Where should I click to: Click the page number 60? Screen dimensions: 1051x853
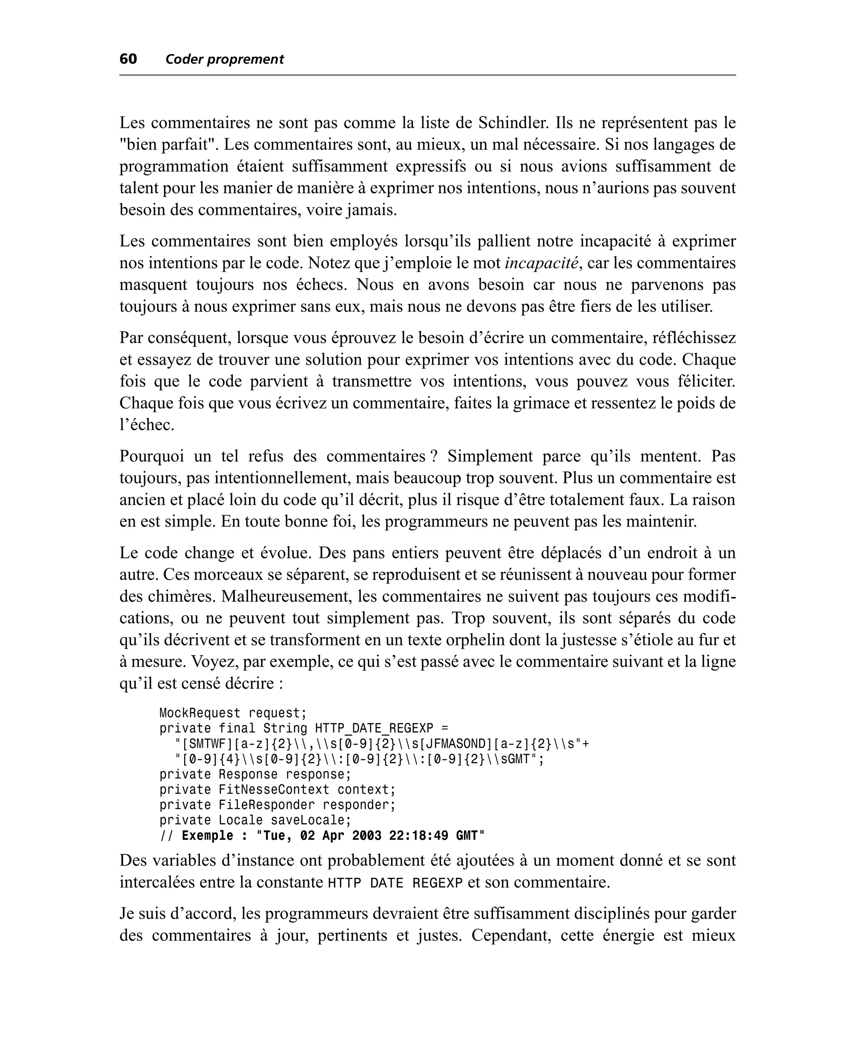click(x=128, y=59)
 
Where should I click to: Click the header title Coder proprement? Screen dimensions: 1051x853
click(x=224, y=60)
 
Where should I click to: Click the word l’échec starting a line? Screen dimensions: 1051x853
click(x=147, y=425)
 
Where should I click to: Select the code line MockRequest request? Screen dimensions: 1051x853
click(x=233, y=713)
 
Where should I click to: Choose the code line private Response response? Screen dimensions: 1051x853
click(x=255, y=775)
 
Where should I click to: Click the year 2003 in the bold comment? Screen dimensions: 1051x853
click(x=367, y=836)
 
